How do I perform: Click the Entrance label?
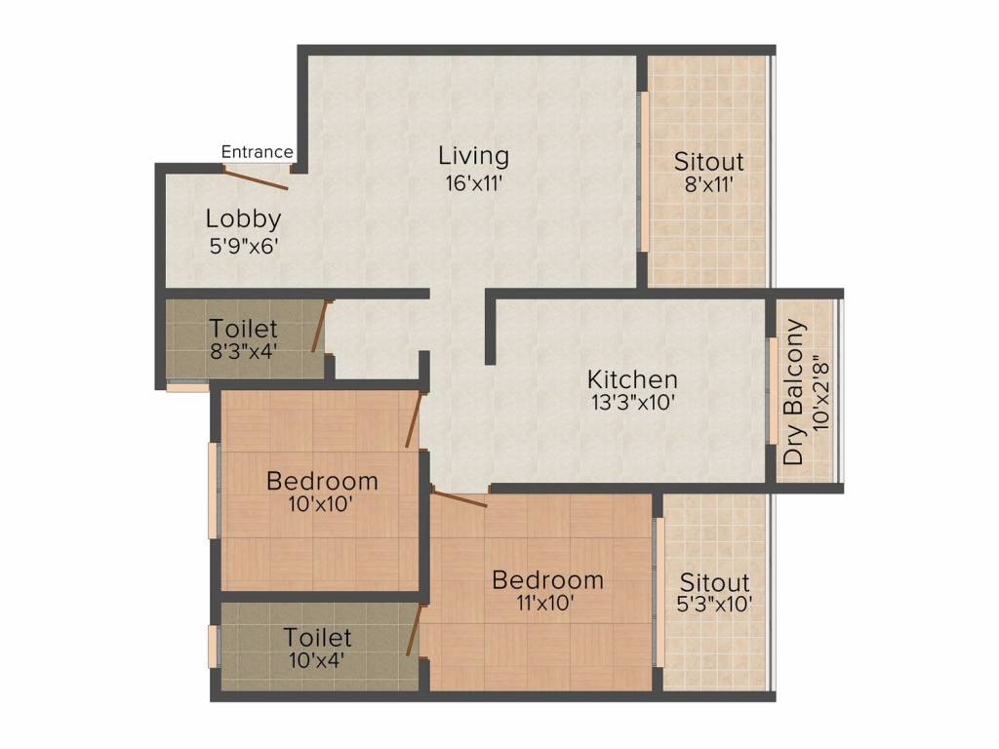coord(257,152)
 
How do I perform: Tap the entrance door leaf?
coord(257,178)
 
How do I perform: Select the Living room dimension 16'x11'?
coord(474,183)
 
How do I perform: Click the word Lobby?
coord(243,219)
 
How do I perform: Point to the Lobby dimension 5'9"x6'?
coord(244,246)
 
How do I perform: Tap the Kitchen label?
coord(632,379)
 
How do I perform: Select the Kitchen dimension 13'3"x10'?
coord(632,403)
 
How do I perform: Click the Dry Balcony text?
coord(794,392)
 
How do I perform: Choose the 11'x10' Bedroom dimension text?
coord(546,603)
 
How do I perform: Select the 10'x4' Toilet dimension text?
coord(317,660)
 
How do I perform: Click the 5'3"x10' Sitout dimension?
coord(714,604)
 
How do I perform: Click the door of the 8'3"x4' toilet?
coord(319,326)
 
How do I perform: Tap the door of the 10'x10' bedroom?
coord(414,420)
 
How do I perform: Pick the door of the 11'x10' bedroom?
coord(460,497)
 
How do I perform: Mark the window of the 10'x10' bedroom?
coord(214,491)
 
